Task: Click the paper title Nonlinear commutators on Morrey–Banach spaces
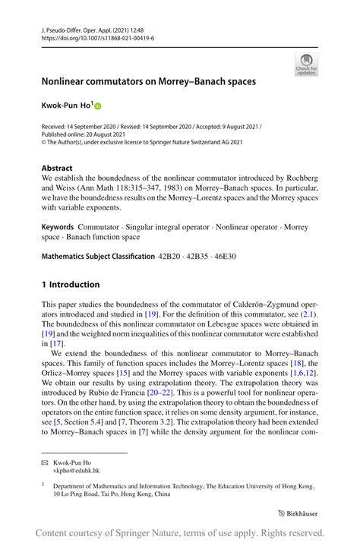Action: [148, 80]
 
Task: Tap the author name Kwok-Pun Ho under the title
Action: [67, 106]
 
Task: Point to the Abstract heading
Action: [57, 169]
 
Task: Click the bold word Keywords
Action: [57, 226]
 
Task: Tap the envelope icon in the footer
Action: [45, 461]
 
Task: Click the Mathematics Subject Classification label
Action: [97, 257]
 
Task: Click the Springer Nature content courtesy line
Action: [179, 533]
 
